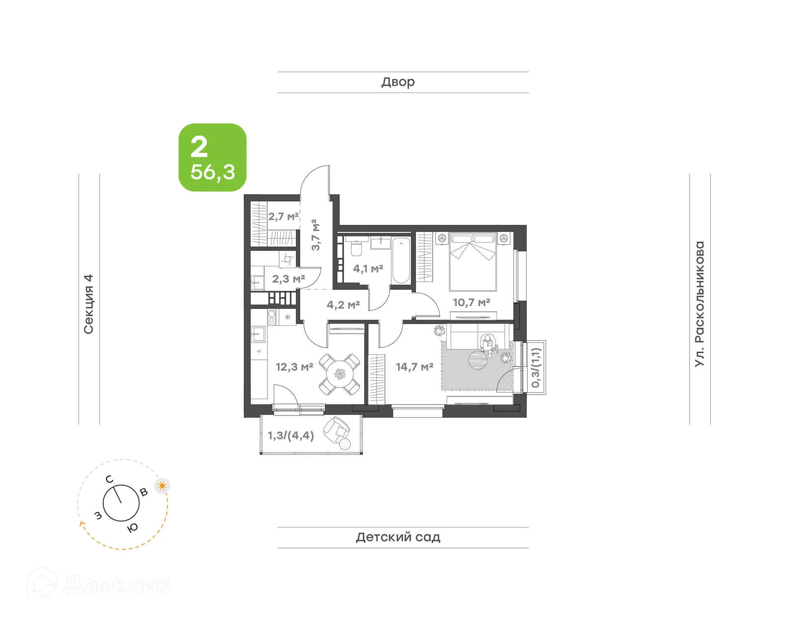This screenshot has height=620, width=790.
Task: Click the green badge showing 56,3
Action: click(x=212, y=158)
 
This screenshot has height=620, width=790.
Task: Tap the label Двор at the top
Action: click(x=398, y=82)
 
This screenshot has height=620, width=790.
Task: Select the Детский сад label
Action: click(x=398, y=537)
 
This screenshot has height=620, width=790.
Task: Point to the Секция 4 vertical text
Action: click(x=89, y=304)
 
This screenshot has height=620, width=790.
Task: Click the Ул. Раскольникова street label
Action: click(x=699, y=304)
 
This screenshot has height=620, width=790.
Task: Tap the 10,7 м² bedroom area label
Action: click(x=472, y=302)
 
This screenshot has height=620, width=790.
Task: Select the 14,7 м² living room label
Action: click(x=414, y=367)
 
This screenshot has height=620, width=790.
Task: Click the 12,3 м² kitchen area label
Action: click(x=294, y=367)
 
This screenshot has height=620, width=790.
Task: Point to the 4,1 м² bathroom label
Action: click(x=368, y=269)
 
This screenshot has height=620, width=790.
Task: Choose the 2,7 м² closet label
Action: click(x=283, y=216)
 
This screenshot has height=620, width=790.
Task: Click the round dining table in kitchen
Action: click(x=340, y=374)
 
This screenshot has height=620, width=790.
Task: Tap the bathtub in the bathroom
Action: click(x=401, y=260)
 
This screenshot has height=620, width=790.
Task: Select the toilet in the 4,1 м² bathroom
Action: click(x=356, y=248)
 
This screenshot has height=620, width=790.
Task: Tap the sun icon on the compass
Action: click(x=162, y=486)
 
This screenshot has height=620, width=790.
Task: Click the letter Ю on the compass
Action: click(x=132, y=528)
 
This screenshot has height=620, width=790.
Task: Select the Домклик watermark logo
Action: click(x=99, y=585)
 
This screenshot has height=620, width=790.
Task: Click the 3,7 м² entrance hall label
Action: click(x=315, y=235)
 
